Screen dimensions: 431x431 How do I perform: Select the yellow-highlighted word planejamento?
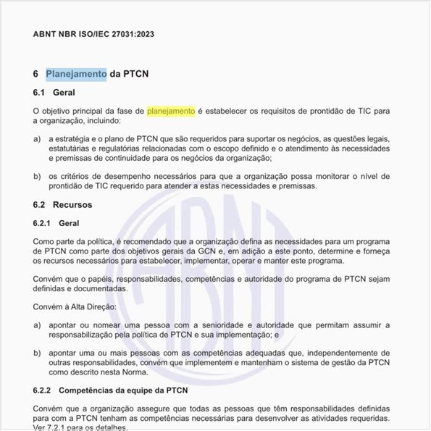tap(171, 111)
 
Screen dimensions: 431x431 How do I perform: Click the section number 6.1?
tap(39, 93)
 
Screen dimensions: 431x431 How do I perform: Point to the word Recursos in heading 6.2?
tap(72, 205)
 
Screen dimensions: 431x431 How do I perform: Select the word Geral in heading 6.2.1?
tap(69, 224)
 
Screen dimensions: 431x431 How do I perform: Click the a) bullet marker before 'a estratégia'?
tap(37, 138)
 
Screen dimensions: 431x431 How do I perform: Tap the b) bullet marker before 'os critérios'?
tap(37, 176)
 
